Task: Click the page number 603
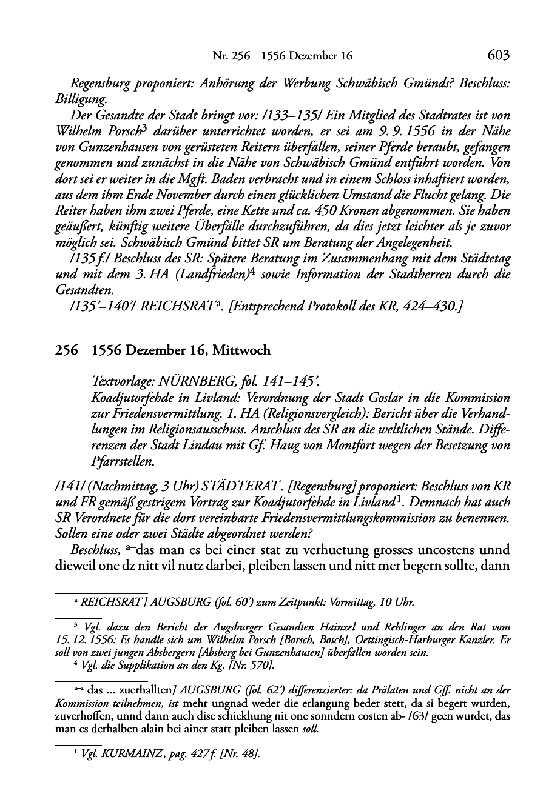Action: [498, 55]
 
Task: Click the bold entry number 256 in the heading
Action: [66, 351]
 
